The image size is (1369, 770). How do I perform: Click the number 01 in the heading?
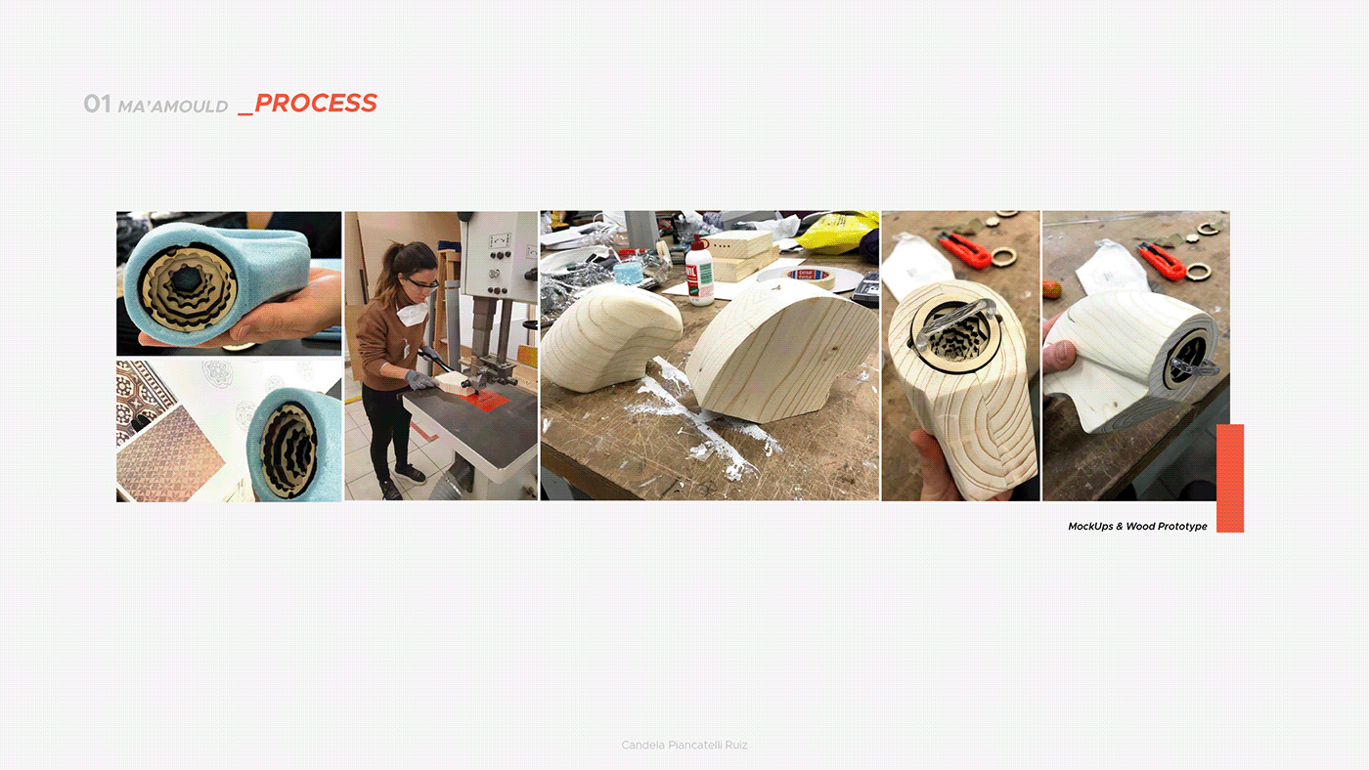(97, 104)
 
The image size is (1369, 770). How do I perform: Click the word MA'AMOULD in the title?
(173, 107)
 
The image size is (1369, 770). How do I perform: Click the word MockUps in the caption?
(1090, 527)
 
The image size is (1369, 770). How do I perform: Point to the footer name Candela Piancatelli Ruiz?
(684, 745)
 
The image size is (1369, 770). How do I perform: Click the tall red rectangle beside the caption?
(1230, 478)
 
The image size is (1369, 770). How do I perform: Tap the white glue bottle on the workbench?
(699, 270)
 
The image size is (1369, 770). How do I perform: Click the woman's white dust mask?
(413, 312)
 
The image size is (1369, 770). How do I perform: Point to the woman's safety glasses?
(420, 283)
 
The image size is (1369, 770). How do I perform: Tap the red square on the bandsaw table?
(485, 400)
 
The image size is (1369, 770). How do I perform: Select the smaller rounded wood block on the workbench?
(610, 338)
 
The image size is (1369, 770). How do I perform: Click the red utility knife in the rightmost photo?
(1163, 260)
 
